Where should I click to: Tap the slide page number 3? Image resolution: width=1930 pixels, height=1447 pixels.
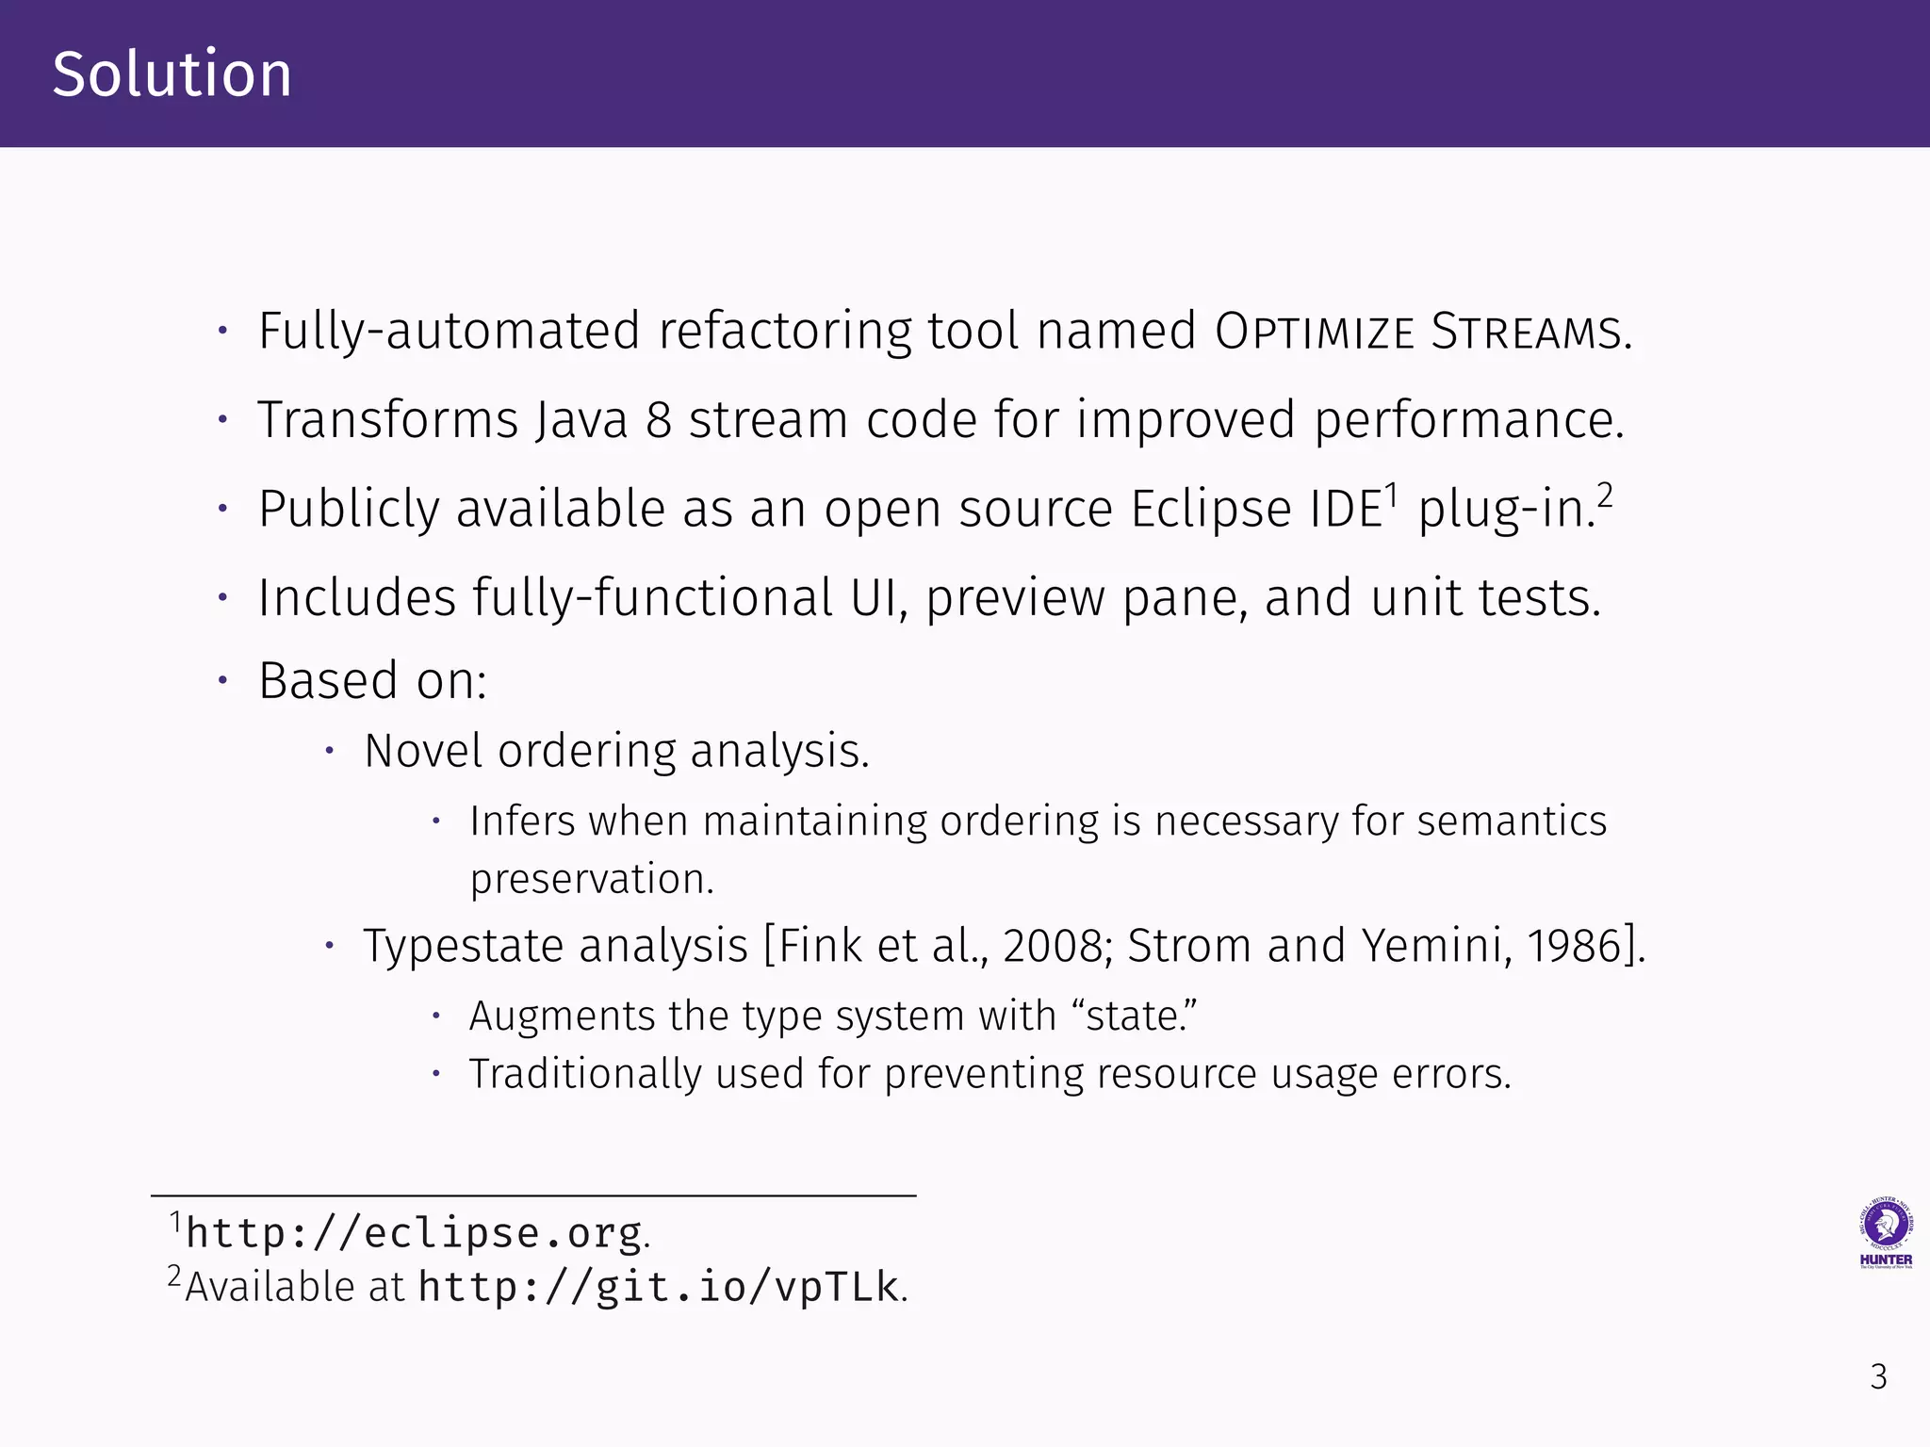(1878, 1377)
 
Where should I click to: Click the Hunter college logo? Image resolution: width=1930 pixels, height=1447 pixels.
(1885, 1232)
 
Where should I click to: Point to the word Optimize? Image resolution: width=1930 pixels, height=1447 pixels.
(1315, 332)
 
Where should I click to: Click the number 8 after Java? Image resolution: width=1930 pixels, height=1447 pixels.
(658, 420)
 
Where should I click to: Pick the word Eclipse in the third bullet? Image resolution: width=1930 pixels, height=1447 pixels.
(1211, 509)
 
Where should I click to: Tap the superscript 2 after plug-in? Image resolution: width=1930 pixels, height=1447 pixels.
(1605, 495)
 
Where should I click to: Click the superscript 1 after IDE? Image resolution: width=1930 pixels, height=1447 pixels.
(1391, 495)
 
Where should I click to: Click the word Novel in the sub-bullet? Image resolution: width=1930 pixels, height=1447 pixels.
(424, 751)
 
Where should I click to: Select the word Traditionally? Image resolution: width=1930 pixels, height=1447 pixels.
(585, 1074)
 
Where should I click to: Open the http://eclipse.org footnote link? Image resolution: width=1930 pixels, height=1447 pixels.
(414, 1233)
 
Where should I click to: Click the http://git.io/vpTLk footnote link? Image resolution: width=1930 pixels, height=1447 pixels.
(659, 1287)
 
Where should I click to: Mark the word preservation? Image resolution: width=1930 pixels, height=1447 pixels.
(591, 880)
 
